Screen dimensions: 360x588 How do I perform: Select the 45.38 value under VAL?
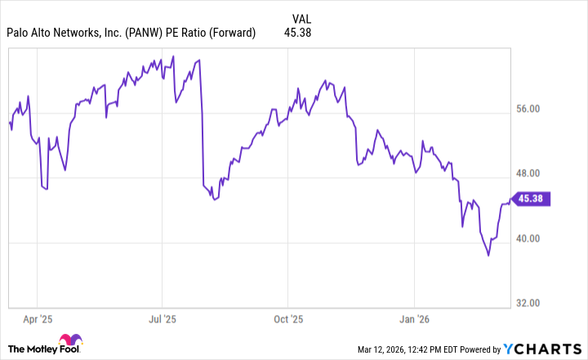tap(297, 33)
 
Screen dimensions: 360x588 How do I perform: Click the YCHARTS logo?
tap(549, 350)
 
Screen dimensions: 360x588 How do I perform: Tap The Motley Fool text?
tap(46, 349)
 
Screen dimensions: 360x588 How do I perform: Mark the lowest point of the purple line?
tap(489, 256)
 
